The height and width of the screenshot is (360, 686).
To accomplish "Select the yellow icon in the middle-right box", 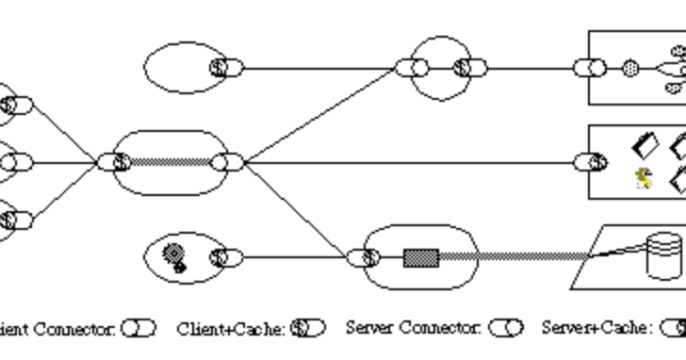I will pyautogui.click(x=645, y=178).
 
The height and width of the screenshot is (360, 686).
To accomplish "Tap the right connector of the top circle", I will pyautogui.click(x=469, y=68).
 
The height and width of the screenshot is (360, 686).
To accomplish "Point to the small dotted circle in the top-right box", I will pyautogui.click(x=630, y=68).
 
